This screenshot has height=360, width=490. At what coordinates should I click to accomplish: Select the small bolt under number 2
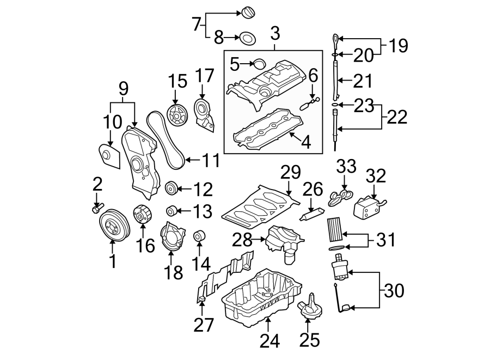point(97,209)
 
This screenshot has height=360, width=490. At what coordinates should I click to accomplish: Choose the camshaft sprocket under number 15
point(175,115)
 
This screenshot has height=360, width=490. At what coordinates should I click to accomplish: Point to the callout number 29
point(291,174)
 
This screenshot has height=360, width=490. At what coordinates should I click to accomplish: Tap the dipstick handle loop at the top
point(334,39)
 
